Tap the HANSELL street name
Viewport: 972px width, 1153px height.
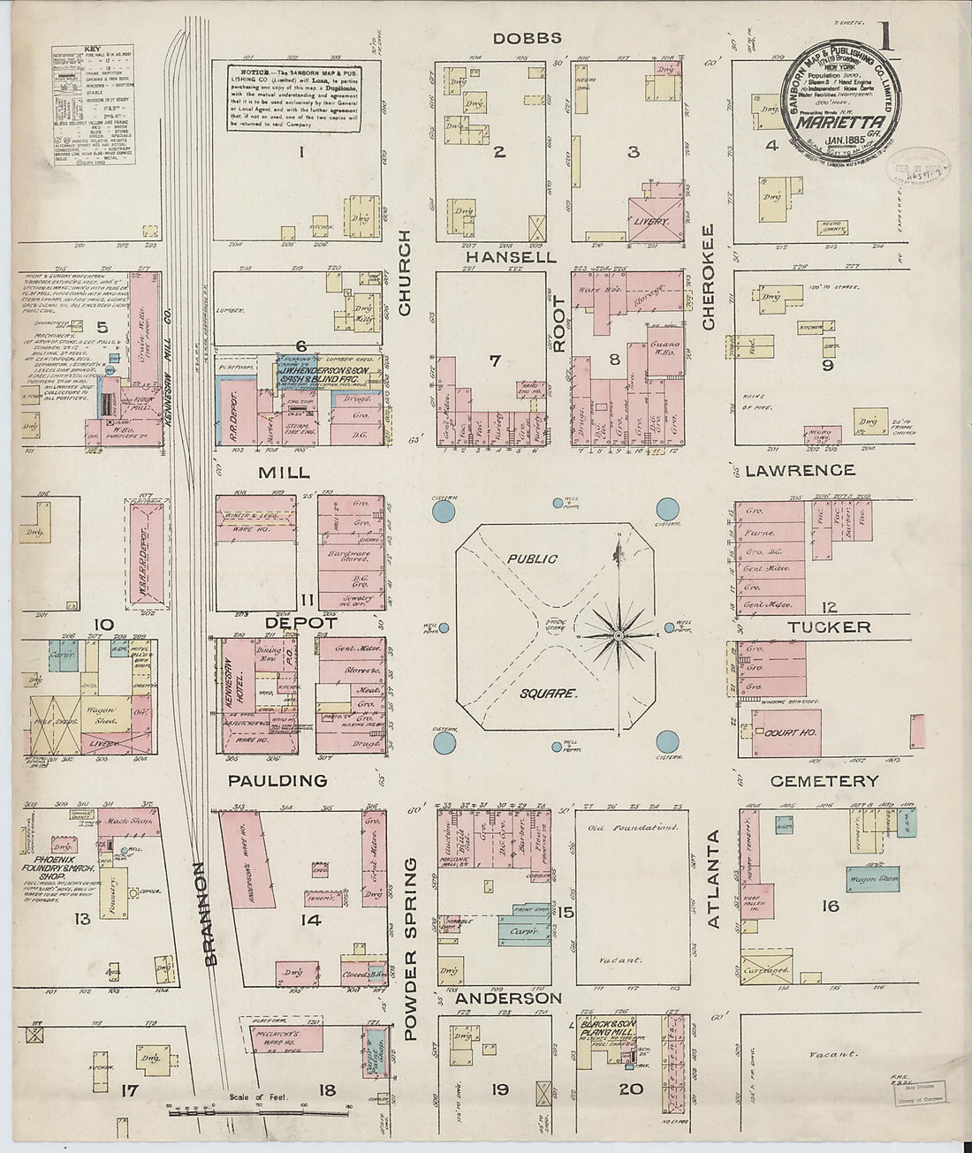pos(512,257)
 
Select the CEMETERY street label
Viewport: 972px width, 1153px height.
pos(824,781)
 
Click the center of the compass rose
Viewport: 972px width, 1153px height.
pos(618,635)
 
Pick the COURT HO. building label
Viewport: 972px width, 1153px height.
pos(789,732)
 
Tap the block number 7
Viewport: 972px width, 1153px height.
pos(495,360)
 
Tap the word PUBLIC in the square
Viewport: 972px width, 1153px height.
pos(532,558)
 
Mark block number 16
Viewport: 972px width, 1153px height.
pos(830,906)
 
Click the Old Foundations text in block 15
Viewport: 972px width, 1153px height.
pos(634,829)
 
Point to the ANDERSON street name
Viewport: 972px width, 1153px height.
pos(508,998)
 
